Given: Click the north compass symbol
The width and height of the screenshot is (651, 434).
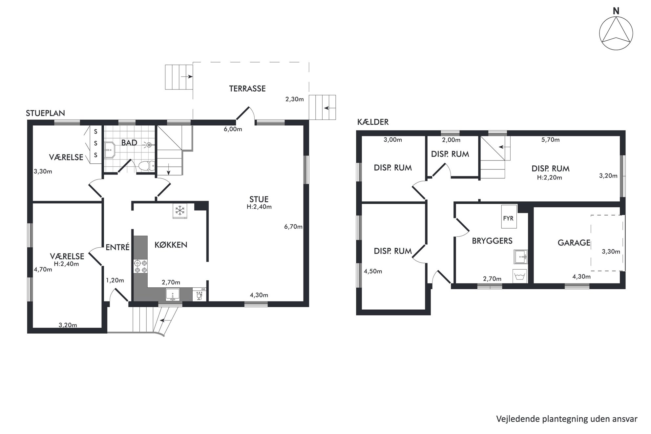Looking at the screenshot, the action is [616, 33].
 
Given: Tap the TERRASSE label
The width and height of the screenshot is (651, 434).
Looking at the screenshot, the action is [247, 89].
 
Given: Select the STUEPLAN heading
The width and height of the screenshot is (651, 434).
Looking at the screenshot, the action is [45, 113].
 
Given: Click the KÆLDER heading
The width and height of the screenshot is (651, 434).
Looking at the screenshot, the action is [373, 122].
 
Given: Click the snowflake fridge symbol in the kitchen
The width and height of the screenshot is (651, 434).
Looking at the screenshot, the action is [180, 211].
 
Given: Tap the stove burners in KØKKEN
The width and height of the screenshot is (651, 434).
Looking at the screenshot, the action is [140, 266].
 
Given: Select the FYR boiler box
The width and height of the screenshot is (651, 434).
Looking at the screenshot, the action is [509, 217].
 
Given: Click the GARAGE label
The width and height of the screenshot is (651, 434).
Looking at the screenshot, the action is [574, 243].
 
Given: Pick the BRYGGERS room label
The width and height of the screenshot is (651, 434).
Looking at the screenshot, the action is [492, 241].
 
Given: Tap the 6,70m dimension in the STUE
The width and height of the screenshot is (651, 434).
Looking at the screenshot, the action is [293, 227].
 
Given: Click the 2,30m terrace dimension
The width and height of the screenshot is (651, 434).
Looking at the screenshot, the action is [294, 99].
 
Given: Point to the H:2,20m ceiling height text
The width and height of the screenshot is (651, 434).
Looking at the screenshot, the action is [549, 178].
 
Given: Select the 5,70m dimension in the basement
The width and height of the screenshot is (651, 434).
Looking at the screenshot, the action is [550, 140].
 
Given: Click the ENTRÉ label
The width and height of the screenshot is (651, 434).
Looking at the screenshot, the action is [117, 247].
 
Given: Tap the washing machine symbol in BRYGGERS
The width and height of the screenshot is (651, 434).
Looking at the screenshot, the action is [519, 276].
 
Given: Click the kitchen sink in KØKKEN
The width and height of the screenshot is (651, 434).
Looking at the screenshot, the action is [173, 294].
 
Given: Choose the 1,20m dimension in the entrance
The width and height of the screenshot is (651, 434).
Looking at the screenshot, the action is [115, 280].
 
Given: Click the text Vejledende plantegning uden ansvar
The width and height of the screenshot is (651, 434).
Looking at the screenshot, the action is [567, 419].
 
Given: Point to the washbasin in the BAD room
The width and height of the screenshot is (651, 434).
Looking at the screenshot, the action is [110, 150].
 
